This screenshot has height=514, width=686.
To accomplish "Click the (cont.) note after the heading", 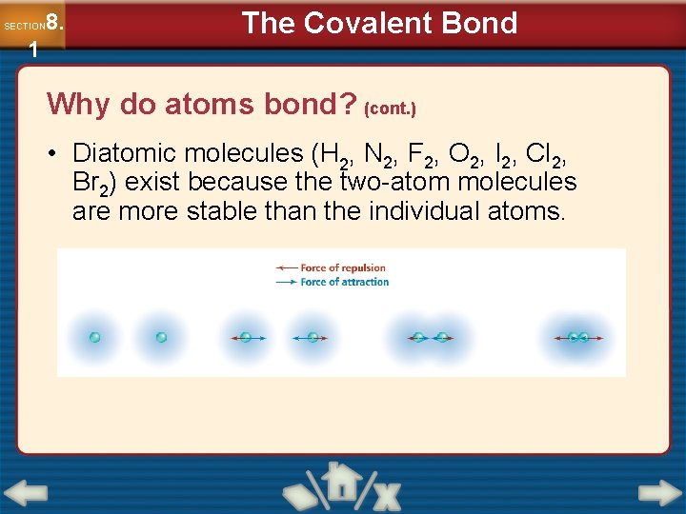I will pyautogui.click(x=390, y=109).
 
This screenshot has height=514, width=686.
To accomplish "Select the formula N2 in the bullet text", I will pyautogui.click(x=382, y=154).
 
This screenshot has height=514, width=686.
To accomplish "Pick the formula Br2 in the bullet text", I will pyautogui.click(x=89, y=183).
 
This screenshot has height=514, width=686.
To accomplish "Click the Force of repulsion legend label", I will pyautogui.click(x=343, y=267).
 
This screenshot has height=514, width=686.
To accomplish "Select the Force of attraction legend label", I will pyautogui.click(x=344, y=282).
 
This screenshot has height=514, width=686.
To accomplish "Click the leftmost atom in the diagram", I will pyautogui.click(x=94, y=337).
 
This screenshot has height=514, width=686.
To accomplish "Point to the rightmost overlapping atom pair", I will pyautogui.click(x=577, y=337).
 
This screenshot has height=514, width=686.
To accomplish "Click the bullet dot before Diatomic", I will pyautogui.click(x=57, y=153).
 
